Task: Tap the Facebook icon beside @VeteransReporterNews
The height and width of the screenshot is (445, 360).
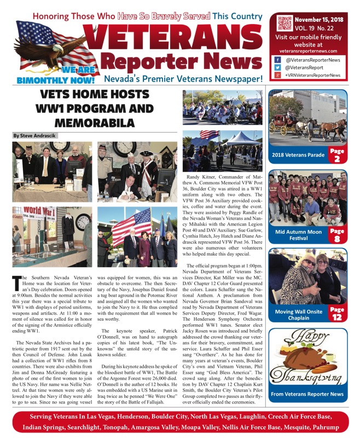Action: pyautogui.click(x=277, y=60)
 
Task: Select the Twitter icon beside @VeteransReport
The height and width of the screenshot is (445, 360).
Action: pyautogui.click(x=277, y=67)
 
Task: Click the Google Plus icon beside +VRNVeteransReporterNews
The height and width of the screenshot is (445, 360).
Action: pyautogui.click(x=277, y=75)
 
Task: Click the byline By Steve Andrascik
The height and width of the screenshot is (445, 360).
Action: pyautogui.click(x=35, y=135)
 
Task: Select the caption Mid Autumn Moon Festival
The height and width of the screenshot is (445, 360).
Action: pyautogui.click(x=298, y=235)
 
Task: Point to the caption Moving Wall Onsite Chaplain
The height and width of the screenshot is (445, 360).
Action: pyautogui.click(x=298, y=315)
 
